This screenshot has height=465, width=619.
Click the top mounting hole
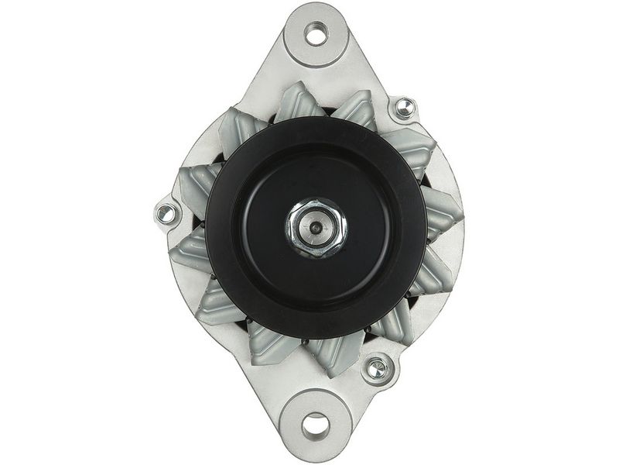(x=316, y=33)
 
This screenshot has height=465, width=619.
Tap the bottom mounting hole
(x=316, y=425)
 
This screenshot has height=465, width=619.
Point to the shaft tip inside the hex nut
(x=316, y=228)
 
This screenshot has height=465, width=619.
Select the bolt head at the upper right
(x=404, y=108)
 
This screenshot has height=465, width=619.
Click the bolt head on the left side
(x=166, y=213)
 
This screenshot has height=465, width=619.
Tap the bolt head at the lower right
(x=377, y=368)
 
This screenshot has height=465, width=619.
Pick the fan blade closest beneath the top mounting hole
(x=300, y=101)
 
